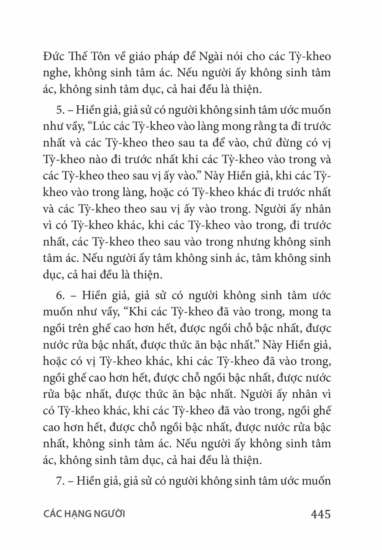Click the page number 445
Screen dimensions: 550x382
point(320,514)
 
